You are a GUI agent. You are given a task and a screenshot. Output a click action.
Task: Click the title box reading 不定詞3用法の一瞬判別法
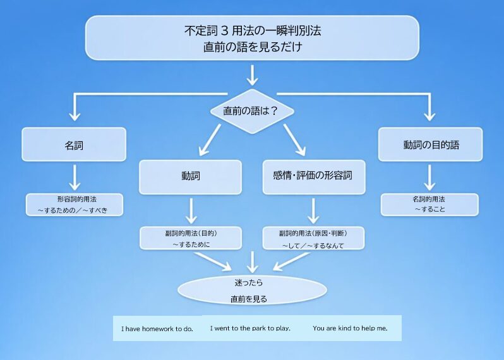tap(252, 37)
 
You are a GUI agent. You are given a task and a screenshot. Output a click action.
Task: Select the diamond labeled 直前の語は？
tap(251, 111)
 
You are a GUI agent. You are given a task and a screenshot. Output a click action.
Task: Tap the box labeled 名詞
tap(75, 145)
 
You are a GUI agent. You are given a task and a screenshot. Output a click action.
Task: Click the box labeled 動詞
tap(190, 177)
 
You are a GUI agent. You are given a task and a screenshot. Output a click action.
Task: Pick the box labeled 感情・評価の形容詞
tap(314, 177)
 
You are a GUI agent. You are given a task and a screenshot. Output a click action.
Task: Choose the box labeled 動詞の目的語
tap(430, 145)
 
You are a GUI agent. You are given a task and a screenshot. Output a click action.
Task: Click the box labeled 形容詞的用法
tap(73, 205)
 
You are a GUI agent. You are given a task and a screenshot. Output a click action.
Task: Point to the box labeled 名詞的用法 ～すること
tap(429, 204)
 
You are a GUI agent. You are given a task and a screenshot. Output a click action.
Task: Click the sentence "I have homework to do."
tap(157, 329)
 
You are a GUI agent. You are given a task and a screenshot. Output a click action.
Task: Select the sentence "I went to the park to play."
tap(250, 328)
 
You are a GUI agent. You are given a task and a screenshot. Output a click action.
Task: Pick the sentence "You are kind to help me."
tap(350, 328)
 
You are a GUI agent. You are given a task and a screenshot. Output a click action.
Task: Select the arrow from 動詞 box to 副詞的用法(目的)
tap(191, 210)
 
